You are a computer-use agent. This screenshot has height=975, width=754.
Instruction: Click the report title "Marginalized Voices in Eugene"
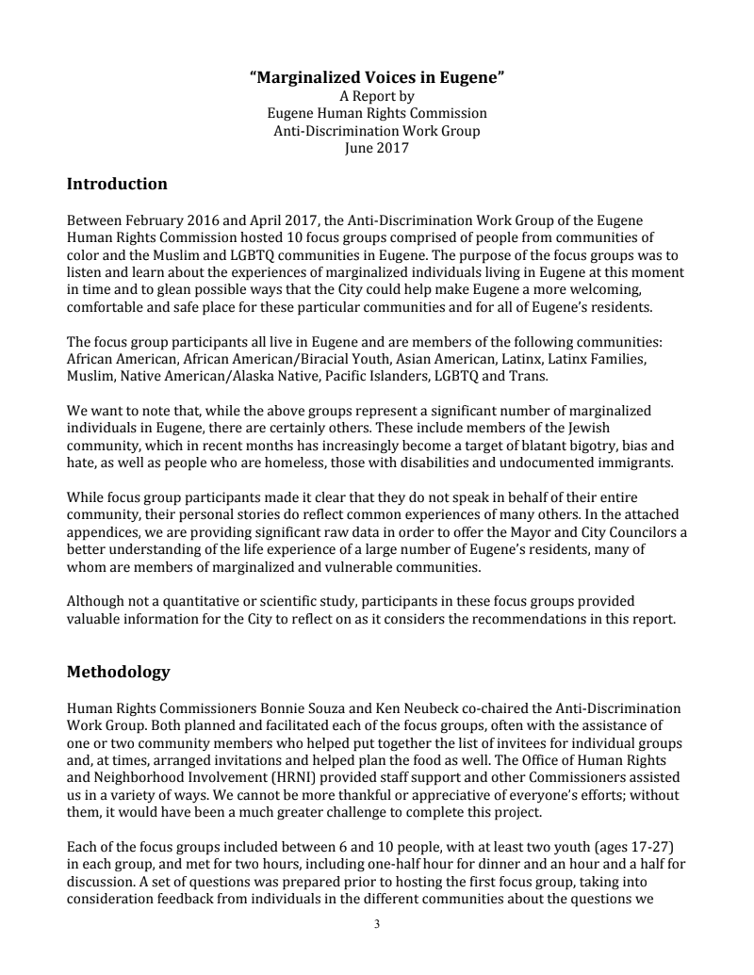coord(377,79)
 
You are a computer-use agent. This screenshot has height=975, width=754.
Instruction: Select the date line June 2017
coord(377,147)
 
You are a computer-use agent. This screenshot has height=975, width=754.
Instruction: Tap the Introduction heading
coord(117,184)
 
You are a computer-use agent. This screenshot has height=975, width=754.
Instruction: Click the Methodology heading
coord(118,672)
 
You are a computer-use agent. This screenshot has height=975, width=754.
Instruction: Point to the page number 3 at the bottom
coord(377,924)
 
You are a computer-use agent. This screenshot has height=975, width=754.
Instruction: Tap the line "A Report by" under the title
coord(377,96)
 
